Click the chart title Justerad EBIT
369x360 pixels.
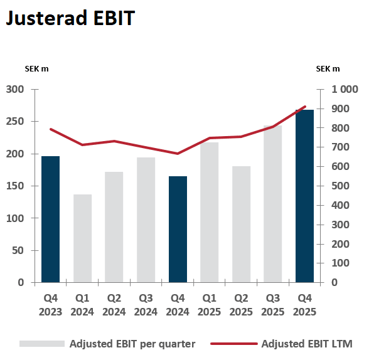pos(70,19)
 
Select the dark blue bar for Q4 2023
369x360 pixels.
pos(51,220)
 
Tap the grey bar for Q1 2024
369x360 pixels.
pos(82,238)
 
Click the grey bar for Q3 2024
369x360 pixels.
pos(146,220)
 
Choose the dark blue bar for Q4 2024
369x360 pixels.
pos(178,230)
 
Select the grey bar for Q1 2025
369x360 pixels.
pos(210,213)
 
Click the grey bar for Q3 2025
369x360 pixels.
pos(273,204)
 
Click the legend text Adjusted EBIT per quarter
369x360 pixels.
pos(132,344)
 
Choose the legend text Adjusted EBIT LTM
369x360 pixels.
pos(307,344)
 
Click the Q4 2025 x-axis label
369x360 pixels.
pos(304,305)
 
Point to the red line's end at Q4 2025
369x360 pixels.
pos(305,107)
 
